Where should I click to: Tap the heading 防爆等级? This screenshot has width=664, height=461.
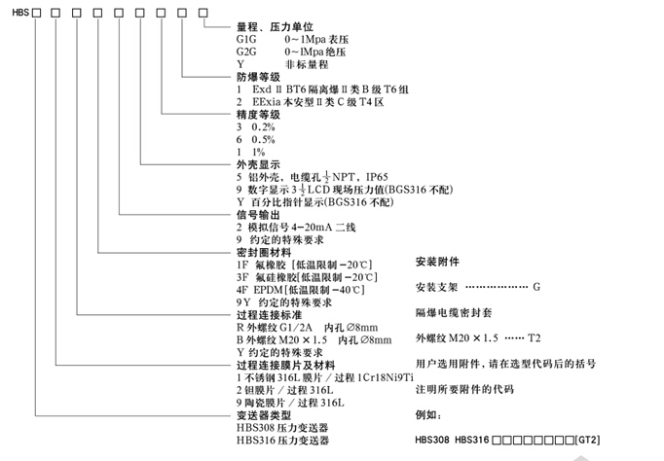(x=256, y=76)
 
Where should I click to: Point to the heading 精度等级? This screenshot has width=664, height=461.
(x=256, y=113)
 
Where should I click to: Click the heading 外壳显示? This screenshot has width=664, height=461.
(x=256, y=164)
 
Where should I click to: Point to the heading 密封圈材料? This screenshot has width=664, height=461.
(x=263, y=252)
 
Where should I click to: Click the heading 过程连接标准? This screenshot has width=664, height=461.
(x=270, y=315)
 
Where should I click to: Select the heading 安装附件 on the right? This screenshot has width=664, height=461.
(x=436, y=263)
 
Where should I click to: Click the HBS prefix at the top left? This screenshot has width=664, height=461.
(x=15, y=9)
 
